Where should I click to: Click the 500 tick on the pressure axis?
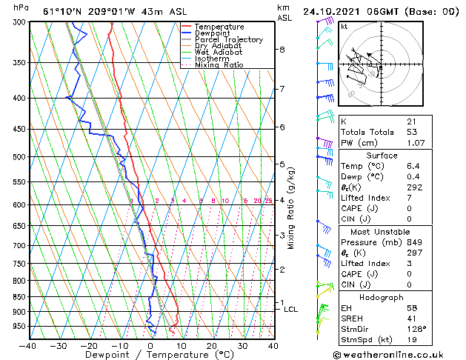tap(19, 157)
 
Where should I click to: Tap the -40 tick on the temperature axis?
tap(29, 345)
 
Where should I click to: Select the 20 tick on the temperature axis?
tap(211, 345)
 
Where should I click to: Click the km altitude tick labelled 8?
tap(282, 50)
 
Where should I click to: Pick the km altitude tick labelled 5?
tap(282, 164)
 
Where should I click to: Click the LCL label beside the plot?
tap(290, 309)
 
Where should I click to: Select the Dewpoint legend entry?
tap(214, 33)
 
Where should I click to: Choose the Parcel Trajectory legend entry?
tap(228, 40)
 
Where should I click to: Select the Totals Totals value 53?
tap(412, 132)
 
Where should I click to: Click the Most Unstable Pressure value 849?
tap(414, 242)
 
